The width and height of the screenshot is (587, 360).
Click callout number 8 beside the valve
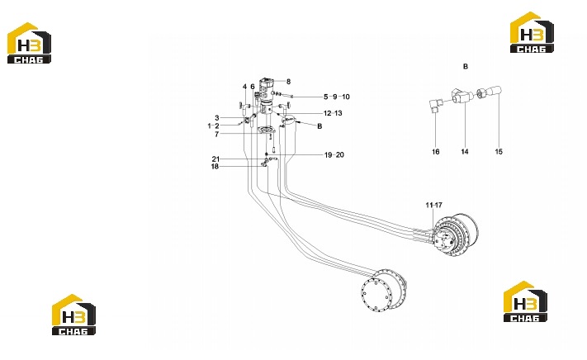point(288,82)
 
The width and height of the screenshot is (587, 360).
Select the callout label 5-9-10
point(337,97)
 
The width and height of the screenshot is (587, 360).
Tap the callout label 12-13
point(333,113)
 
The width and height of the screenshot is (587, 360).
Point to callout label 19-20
point(334,155)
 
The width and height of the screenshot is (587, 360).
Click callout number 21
point(215,159)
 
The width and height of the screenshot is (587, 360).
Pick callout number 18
point(215,167)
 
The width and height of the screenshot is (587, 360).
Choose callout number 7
point(217,134)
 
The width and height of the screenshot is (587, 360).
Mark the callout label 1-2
point(213,126)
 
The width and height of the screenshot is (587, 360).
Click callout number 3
point(217,118)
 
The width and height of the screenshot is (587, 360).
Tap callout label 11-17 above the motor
point(434,205)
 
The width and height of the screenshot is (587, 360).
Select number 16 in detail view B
point(436,152)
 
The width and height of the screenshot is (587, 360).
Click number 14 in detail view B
point(465,152)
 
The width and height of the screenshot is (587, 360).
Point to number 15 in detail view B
point(499,152)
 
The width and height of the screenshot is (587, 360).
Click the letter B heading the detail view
point(466,67)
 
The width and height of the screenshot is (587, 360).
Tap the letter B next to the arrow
point(320,126)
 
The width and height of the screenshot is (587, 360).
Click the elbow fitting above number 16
point(436,104)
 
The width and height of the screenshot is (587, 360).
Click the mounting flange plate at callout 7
point(267,130)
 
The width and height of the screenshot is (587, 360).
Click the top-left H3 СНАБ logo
point(29,43)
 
